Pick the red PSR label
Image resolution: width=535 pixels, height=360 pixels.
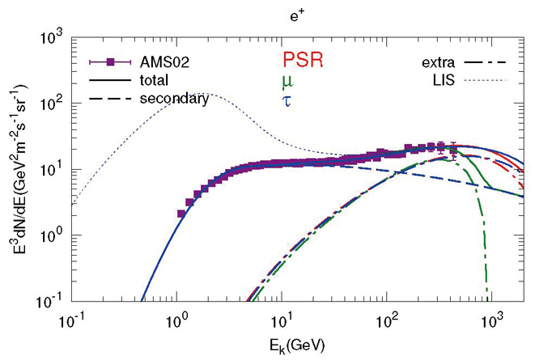coord(297,61)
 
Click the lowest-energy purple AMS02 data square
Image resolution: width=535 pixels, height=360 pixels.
coord(181,214)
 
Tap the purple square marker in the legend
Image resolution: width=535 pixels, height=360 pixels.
coord(107,62)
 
